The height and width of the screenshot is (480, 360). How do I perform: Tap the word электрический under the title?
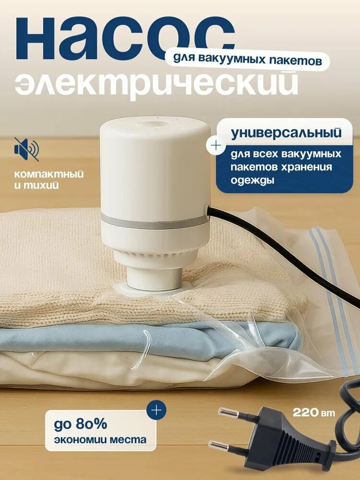156,84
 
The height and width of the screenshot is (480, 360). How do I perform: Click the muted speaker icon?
26,149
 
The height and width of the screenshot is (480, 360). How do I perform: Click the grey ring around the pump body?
154,221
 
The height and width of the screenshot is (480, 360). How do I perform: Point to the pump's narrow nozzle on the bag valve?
154,278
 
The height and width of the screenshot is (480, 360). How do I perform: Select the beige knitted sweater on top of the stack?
62,269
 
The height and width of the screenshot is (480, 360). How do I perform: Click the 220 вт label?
314,412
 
